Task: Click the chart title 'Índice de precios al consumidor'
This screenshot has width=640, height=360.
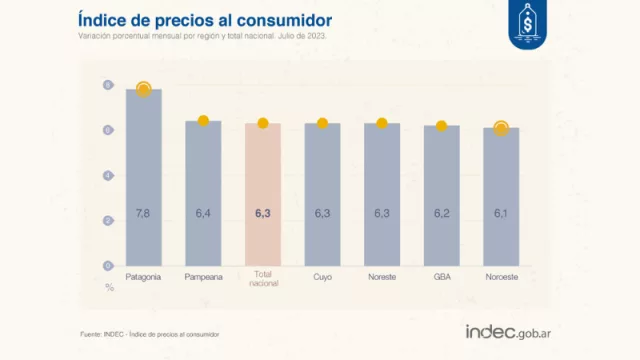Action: (x=205, y=19)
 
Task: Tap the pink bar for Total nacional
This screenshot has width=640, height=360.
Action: (x=262, y=195)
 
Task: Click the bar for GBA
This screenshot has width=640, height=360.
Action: (x=441, y=196)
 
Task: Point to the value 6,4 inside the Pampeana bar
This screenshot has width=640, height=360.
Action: (x=203, y=214)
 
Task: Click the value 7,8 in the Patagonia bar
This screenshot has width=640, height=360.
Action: (x=143, y=214)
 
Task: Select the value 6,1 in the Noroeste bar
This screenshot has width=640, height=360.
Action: (x=500, y=214)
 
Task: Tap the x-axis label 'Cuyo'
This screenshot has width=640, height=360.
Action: (x=322, y=276)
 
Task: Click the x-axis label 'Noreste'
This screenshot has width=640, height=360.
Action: (x=381, y=276)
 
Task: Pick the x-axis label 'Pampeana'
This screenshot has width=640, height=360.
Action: (x=203, y=276)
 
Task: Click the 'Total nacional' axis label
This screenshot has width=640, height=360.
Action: (x=262, y=280)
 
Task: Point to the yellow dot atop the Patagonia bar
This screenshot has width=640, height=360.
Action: (x=143, y=90)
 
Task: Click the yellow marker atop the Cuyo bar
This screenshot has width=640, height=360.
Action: (x=322, y=123)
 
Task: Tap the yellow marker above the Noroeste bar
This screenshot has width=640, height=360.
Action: (x=500, y=128)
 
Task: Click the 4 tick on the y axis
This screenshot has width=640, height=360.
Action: (x=108, y=175)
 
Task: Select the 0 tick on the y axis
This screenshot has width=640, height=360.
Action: (x=108, y=266)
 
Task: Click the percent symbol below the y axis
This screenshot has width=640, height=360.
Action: (x=109, y=288)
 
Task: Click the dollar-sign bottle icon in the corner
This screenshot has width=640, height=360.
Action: (x=527, y=22)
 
